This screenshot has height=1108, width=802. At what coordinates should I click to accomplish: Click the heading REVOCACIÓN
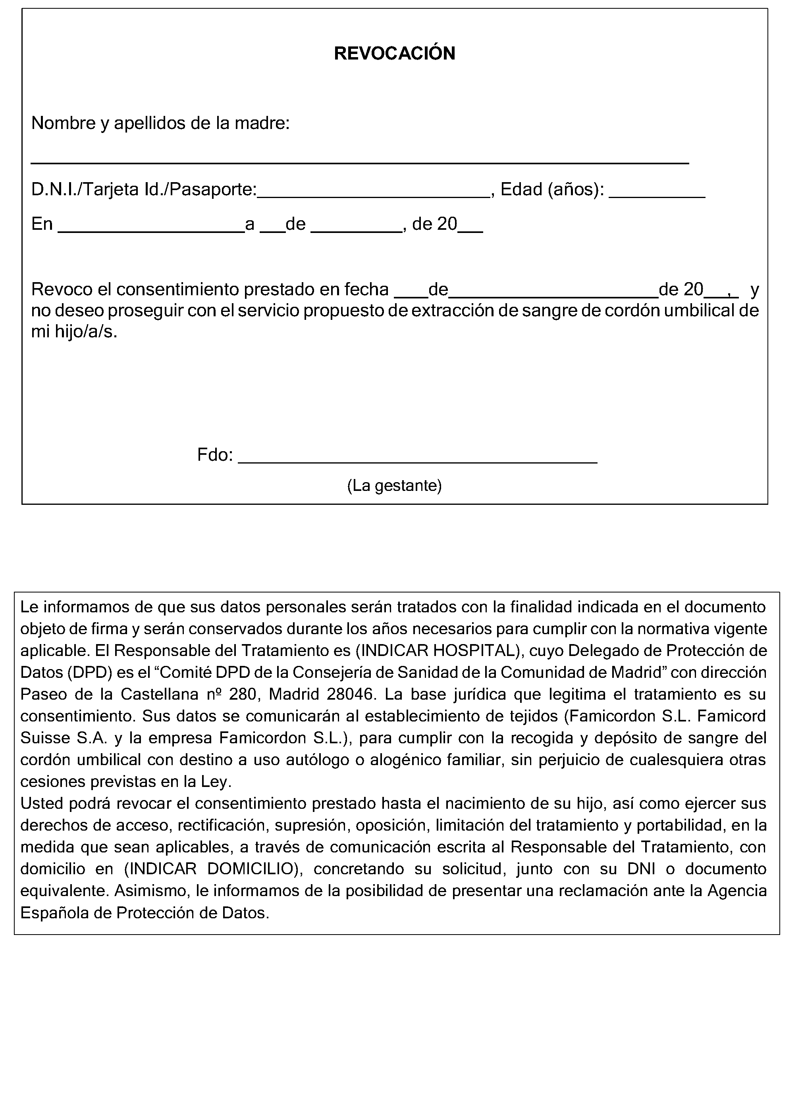tap(394, 53)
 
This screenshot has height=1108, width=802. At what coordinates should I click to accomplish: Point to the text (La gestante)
tap(394, 486)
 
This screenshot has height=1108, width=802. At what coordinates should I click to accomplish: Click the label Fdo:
tap(214, 455)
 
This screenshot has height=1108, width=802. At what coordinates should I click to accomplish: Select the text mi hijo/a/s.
tap(74, 332)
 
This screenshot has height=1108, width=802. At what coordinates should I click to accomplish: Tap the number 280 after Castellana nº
tap(243, 694)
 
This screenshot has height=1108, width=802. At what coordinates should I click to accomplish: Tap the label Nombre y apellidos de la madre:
tap(160, 123)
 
